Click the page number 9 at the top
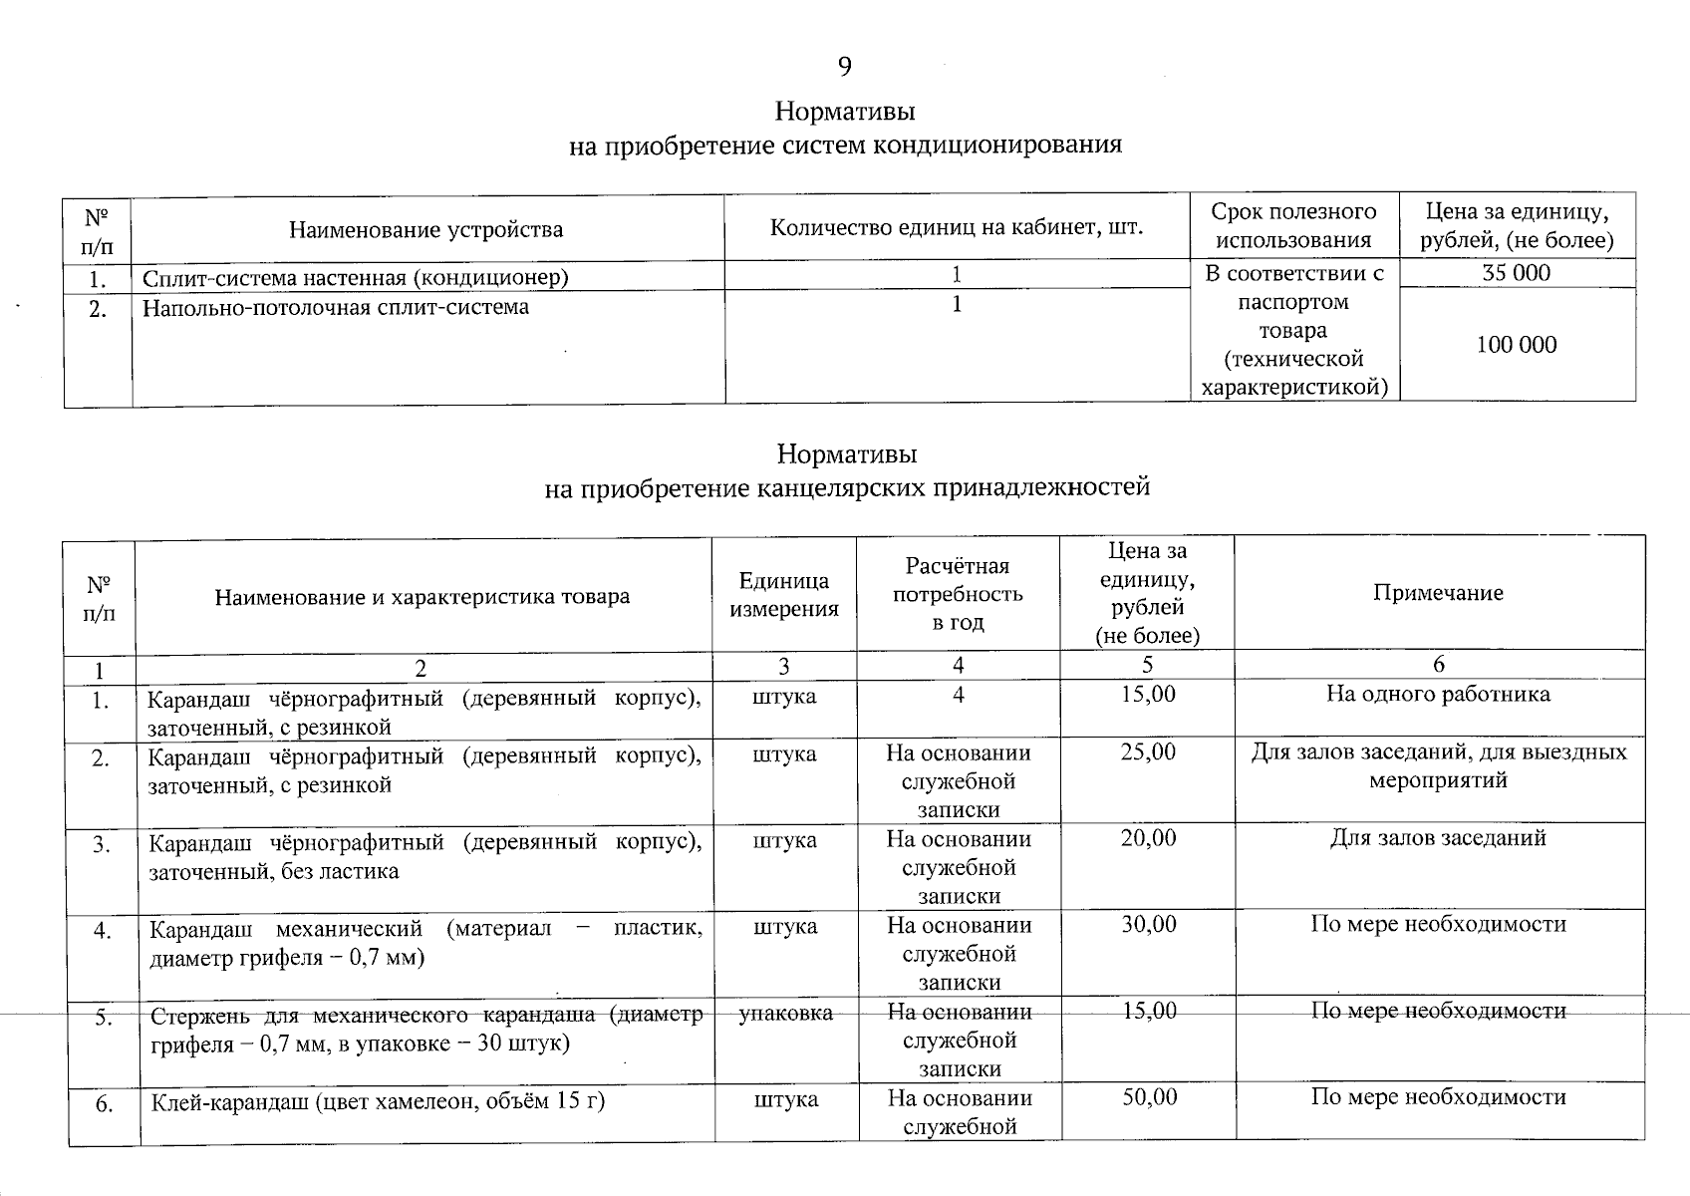click(x=844, y=67)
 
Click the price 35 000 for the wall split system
click(x=1516, y=273)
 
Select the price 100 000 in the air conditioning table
click(x=1516, y=345)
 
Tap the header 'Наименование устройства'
click(x=425, y=230)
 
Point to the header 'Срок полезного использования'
click(x=1293, y=225)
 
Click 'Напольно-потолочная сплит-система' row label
click(x=336, y=307)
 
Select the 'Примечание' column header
click(x=1437, y=593)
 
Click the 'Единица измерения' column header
click(x=783, y=595)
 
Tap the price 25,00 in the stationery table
click(x=1147, y=752)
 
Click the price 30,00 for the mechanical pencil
click(x=1148, y=925)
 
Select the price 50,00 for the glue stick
click(x=1149, y=1097)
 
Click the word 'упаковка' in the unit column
click(x=785, y=1013)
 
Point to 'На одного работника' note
click(x=1437, y=695)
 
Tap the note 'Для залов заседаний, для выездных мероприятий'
click(x=1438, y=765)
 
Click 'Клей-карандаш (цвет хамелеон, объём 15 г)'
click(x=379, y=1101)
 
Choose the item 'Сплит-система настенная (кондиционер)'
click(x=355, y=277)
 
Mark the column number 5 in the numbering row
click(x=1147, y=665)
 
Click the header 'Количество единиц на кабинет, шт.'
click(x=956, y=227)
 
